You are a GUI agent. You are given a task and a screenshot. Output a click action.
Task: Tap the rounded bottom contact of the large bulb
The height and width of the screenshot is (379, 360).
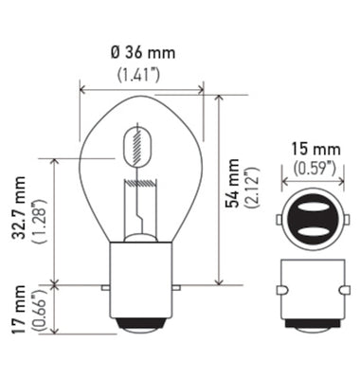point(141,325)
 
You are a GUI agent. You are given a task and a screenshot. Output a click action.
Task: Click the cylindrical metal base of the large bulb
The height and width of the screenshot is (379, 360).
point(141,280)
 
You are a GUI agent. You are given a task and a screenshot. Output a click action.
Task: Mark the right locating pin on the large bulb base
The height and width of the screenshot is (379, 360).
point(174,283)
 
